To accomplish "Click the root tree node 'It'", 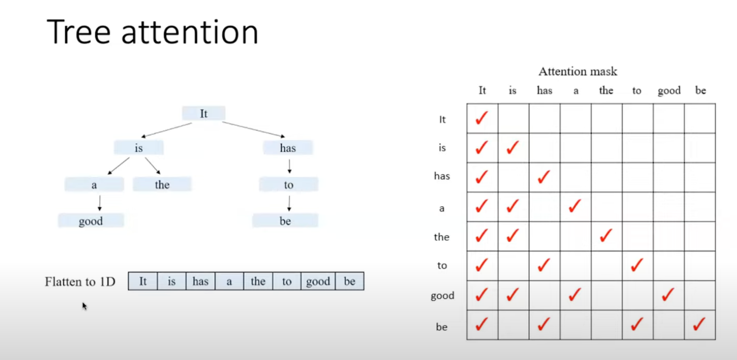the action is (x=204, y=114).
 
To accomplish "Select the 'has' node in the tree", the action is (x=288, y=148).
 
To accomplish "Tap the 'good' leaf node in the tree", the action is (x=91, y=221).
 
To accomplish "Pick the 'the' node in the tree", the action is (x=162, y=184).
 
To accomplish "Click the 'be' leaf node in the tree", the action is (x=285, y=221).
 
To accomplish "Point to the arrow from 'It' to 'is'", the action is (x=166, y=130).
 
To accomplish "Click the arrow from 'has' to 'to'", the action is (x=290, y=166).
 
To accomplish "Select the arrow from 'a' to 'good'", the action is (x=100, y=203).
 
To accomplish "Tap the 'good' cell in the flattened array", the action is (x=318, y=281).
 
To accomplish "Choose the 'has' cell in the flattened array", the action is (x=200, y=281).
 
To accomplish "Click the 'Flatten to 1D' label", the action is (x=80, y=282).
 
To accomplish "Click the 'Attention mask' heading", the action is (x=578, y=71).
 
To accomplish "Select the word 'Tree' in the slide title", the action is (x=79, y=32).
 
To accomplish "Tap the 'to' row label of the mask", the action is (x=442, y=265).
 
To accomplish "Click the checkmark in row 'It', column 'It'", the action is (x=482, y=118).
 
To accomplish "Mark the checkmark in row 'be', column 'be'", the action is (x=699, y=324).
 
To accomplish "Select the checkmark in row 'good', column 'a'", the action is (x=575, y=294).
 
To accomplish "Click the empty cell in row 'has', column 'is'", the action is (x=513, y=177).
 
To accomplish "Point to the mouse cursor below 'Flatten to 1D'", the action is (x=84, y=306).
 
